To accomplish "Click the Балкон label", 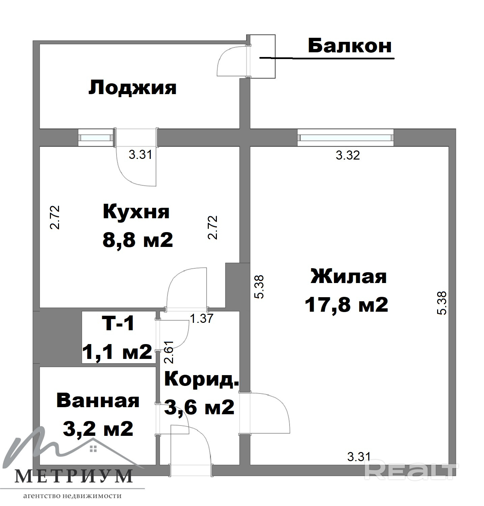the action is coord(350,46).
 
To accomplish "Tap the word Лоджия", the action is coord(133,88).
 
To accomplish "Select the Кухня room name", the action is coord(136,212).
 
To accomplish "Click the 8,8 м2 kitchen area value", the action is coord(138,240).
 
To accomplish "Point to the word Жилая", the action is coord(348,276).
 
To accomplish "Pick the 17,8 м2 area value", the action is coord(346,305).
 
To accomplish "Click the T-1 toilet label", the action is coord(118,323).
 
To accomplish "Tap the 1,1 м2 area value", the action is coord(117,352).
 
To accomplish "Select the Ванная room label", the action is coord(98,401).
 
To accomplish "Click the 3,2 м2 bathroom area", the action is coord(98,429).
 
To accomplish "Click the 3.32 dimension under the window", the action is coord(348,155).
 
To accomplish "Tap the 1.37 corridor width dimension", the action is coord(201,318).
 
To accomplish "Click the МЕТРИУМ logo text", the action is coord(74,476).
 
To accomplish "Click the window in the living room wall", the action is coord(346,138).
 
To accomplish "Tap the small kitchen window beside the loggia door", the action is coord(96,138).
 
